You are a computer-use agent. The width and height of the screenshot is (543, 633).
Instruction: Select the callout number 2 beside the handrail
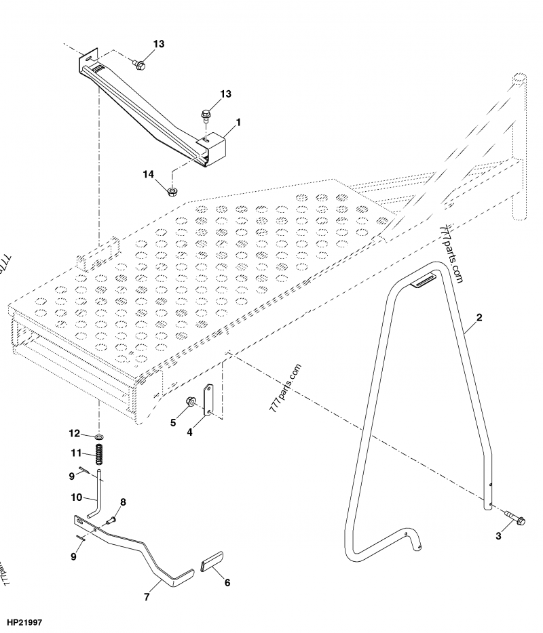(x=479, y=317)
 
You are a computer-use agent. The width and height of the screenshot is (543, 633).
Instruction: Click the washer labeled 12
(x=100, y=434)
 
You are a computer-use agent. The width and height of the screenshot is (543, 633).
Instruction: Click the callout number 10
(x=77, y=497)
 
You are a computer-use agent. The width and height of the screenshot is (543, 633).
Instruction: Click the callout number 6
(x=226, y=582)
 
